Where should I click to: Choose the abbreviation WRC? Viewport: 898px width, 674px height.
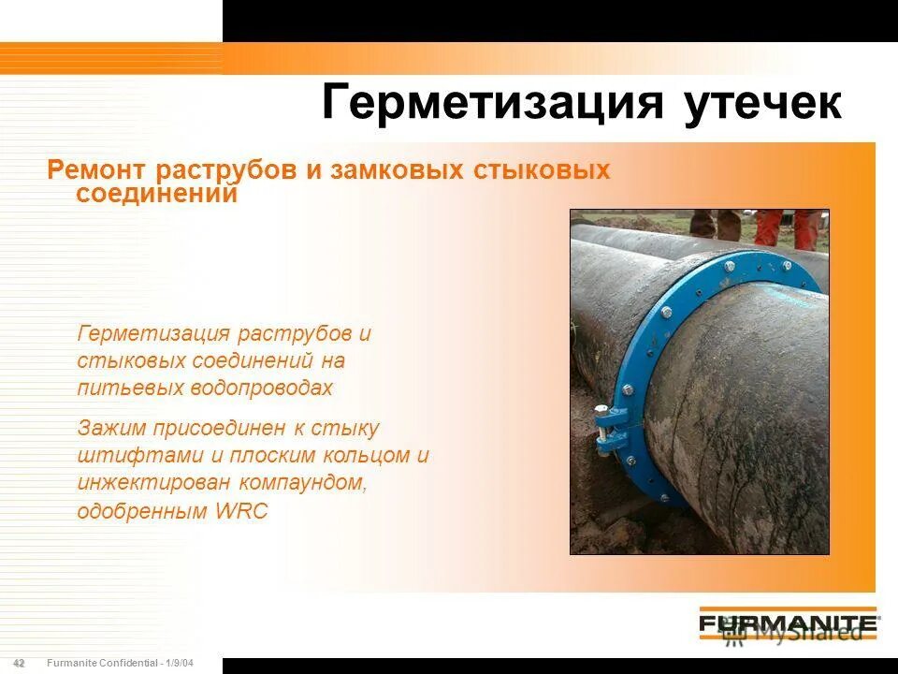(x=240, y=511)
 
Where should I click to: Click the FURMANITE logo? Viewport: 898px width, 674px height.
(x=789, y=623)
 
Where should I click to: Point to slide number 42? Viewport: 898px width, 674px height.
(x=19, y=664)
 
